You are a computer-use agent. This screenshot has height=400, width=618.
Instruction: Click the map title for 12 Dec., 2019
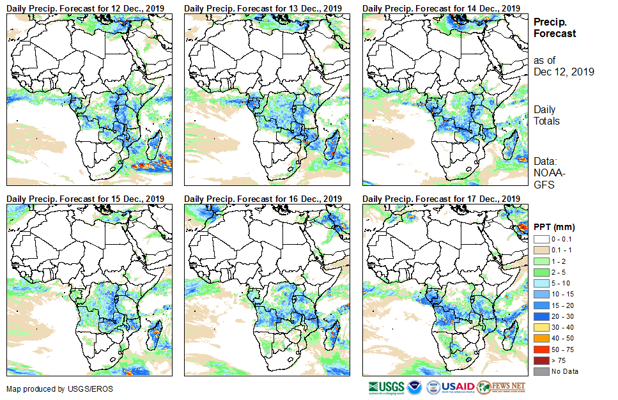(x=85, y=8)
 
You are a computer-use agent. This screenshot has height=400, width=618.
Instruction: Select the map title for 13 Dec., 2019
(x=263, y=8)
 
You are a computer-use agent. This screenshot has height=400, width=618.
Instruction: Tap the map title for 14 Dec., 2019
(x=441, y=8)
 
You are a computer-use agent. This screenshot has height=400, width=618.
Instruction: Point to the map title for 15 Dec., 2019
(x=85, y=199)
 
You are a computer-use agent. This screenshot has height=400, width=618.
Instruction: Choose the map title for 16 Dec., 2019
(x=263, y=199)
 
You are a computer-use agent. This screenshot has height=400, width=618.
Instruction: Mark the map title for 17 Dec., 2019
(x=441, y=199)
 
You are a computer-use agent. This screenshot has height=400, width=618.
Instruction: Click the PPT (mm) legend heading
(x=554, y=227)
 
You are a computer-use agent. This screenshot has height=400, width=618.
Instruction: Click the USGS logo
(x=386, y=387)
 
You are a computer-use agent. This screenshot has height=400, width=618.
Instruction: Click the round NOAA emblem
(x=415, y=387)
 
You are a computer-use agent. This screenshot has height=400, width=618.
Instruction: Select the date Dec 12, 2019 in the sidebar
(x=564, y=72)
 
